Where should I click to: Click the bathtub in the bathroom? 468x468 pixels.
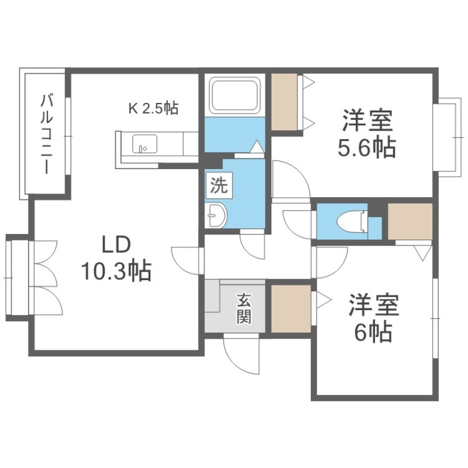[x=235, y=95]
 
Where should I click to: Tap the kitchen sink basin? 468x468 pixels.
[x=144, y=144]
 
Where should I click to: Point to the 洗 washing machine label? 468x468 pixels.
[x=219, y=185]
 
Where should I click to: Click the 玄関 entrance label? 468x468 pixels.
[x=244, y=308]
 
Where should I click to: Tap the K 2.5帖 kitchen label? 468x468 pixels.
[x=153, y=108]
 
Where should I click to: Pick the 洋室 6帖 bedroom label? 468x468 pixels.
[x=373, y=318]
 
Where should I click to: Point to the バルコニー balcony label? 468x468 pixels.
[x=47, y=134]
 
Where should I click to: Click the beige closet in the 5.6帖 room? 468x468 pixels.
[x=284, y=102]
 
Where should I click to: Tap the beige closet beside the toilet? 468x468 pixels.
[x=410, y=222]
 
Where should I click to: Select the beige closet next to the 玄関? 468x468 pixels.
[x=291, y=309]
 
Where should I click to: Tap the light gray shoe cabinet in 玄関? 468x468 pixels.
[x=212, y=296]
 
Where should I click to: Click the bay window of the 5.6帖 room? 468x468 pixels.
[x=450, y=137]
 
